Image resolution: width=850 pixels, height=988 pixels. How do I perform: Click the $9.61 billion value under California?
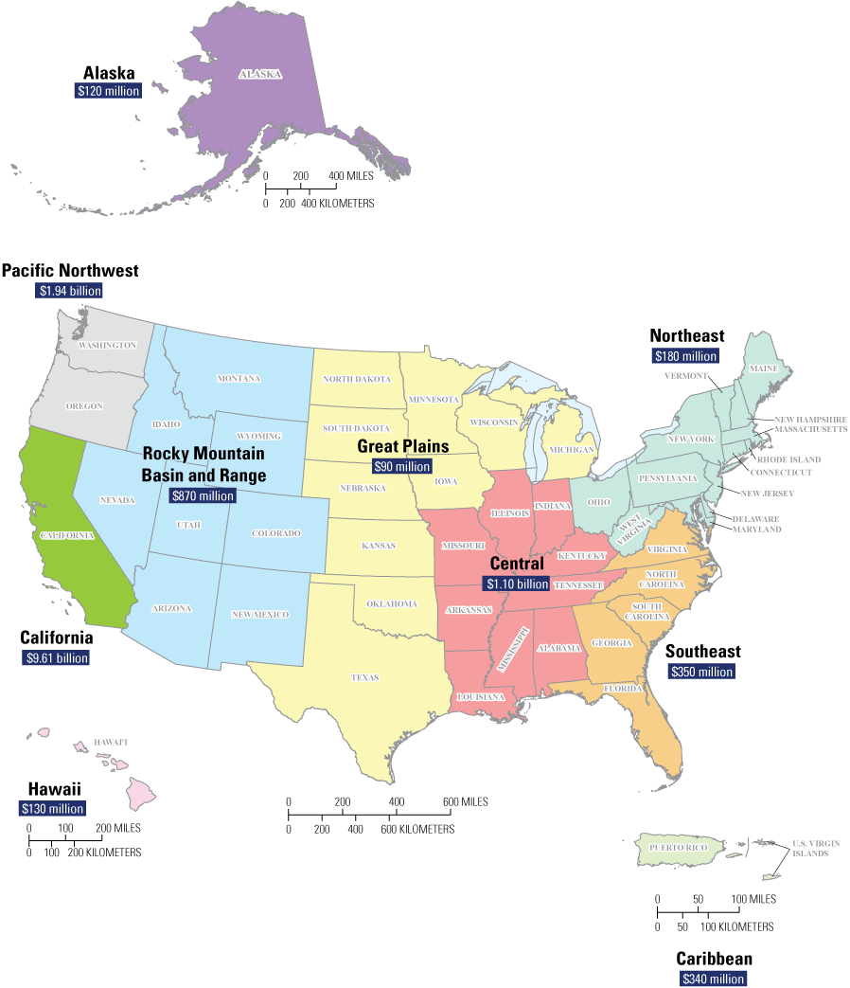pos(56,657)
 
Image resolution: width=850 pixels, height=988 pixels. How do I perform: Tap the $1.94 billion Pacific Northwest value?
pos(69,291)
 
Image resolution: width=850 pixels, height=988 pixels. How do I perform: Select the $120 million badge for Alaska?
pos(109,92)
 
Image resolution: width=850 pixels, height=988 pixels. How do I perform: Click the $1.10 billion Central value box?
pos(516,584)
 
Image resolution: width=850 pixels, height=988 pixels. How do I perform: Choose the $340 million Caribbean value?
pos(714,979)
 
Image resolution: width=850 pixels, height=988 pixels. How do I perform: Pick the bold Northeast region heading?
pos(686,336)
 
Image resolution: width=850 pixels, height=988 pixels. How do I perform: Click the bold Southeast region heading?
pos(702,652)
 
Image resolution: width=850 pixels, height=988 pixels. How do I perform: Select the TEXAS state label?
pos(364,677)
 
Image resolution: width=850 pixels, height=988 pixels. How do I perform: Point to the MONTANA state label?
pos(239,379)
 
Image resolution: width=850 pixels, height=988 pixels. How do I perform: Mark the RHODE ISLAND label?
pos(788,459)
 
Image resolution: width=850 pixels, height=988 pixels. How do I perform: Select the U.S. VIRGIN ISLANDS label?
pos(810,848)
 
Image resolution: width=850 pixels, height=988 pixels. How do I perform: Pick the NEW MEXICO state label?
pos(258,615)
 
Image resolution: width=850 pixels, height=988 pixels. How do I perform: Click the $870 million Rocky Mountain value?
pos(202,495)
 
